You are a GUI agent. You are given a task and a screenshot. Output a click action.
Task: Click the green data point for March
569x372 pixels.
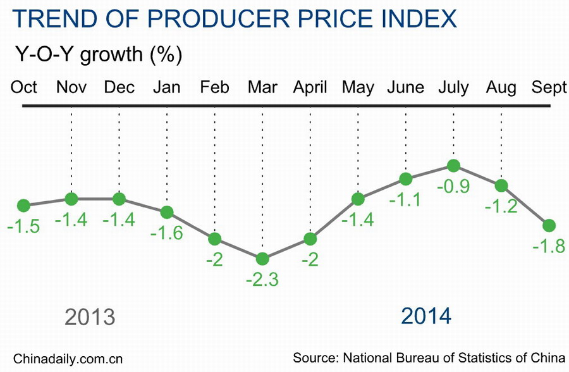click(262, 258)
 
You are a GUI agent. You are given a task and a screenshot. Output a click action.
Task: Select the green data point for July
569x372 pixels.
click(453, 166)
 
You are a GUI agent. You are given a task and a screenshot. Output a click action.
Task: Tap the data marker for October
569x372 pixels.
click(23, 205)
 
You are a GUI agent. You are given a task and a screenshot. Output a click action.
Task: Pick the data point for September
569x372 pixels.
click(549, 225)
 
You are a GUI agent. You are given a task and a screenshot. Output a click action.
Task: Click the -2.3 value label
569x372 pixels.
click(262, 280)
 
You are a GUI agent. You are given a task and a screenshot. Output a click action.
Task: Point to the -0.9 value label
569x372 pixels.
click(453, 188)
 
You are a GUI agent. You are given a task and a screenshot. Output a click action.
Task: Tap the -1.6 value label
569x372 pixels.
click(167, 233)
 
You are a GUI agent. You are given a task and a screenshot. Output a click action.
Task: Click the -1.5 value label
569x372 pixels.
click(23, 226)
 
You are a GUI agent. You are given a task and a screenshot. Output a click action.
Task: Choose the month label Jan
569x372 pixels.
click(167, 87)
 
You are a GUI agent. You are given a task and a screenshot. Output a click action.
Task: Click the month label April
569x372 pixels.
click(310, 87)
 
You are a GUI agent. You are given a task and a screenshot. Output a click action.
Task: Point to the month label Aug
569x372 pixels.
click(501, 87)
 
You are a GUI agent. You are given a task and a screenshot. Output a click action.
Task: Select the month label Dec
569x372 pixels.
click(119, 87)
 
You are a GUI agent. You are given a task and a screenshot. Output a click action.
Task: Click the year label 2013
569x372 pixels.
click(90, 316)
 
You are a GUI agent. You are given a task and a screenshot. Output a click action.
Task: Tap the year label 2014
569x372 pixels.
click(427, 315)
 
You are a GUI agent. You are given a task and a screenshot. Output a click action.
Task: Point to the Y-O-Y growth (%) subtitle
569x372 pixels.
click(99, 54)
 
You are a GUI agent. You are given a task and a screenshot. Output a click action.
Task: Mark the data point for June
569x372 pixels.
click(406, 178)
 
